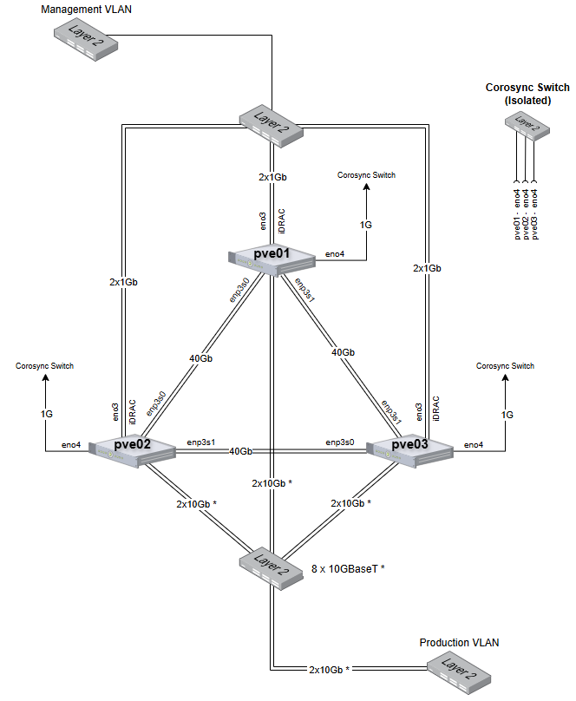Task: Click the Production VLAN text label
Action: coord(459,643)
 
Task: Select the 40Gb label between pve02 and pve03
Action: coord(241,451)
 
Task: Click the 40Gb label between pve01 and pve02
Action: coord(201,357)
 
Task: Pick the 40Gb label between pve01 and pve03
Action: coord(343,352)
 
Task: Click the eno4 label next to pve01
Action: coord(335,254)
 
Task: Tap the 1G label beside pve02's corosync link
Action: coord(46,415)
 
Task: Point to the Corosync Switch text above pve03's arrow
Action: coord(505,366)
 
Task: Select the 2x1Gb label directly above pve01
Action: coord(272,177)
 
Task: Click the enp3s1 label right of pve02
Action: coord(201,442)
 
